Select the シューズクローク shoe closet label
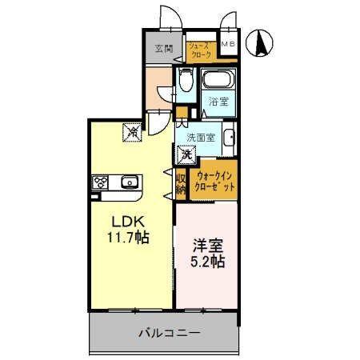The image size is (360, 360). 199,50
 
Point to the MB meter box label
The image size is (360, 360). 227,44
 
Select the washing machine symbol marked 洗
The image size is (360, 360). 186,154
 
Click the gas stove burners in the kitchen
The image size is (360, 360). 101,182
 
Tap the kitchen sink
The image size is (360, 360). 129,183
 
